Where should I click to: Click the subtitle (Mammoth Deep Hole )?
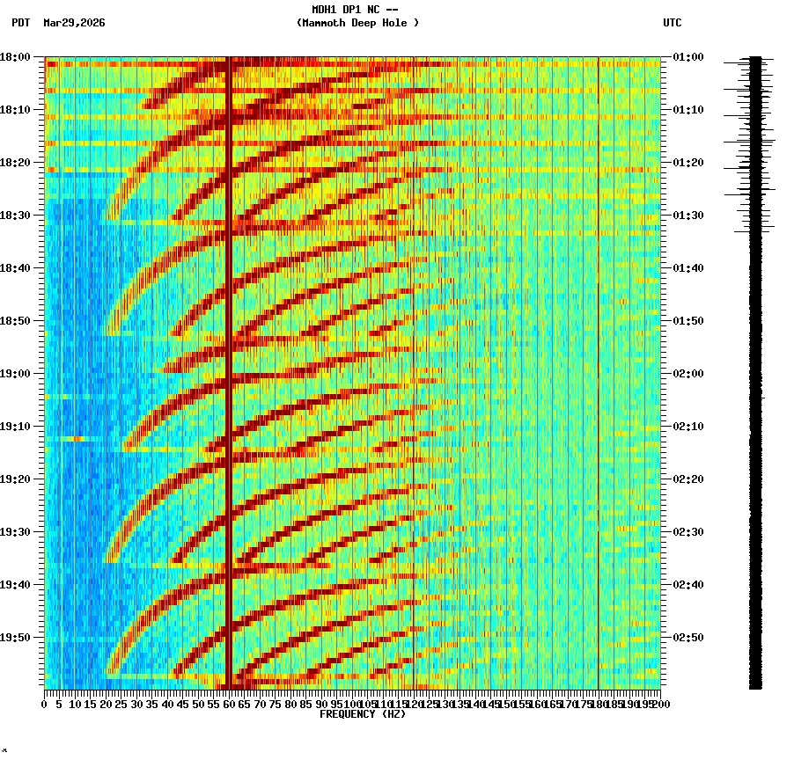(357, 23)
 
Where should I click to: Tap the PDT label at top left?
(20, 23)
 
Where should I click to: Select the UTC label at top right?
(672, 23)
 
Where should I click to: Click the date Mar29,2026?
(74, 23)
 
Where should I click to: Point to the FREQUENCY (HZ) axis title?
(362, 714)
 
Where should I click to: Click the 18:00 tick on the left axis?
(15, 57)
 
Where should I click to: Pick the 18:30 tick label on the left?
(15, 216)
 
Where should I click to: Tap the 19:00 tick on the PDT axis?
(15, 374)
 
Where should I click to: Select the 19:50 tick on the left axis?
(15, 638)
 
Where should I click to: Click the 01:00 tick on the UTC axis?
(687, 57)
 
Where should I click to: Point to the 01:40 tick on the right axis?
(687, 268)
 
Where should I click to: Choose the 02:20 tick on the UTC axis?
(687, 479)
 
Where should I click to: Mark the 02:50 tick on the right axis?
(687, 638)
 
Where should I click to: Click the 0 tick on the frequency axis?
(45, 704)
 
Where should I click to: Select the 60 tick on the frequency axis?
(230, 704)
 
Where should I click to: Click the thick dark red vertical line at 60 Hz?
(229, 369)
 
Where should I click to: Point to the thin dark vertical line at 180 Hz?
(599, 369)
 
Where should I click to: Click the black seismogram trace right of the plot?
(755, 369)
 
